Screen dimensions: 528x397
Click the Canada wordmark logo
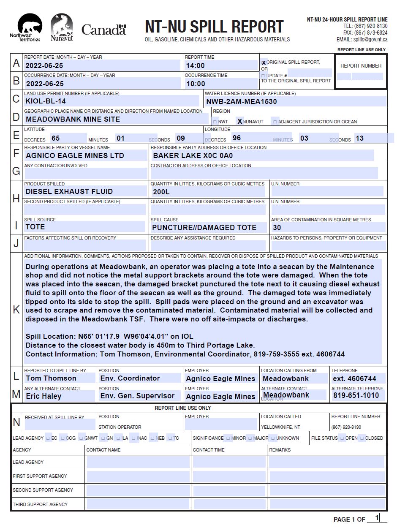pyautogui.click(x=103, y=30)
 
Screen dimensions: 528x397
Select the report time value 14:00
pyautogui.click(x=195, y=65)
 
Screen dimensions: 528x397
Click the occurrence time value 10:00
pyautogui.click(x=196, y=84)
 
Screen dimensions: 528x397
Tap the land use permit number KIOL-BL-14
pyautogui.click(x=46, y=101)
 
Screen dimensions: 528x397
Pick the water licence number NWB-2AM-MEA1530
pyautogui.click(x=242, y=101)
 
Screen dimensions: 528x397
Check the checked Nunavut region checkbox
pyautogui.click(x=240, y=122)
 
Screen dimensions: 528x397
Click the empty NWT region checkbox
pyautogui.click(x=215, y=122)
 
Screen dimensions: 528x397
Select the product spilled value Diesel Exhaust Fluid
pyautogui.click(x=69, y=191)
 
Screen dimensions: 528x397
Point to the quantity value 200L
pyautogui.click(x=161, y=192)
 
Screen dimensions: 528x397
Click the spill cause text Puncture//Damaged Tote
pyautogui.click(x=204, y=228)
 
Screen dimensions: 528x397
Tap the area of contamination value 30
pyautogui.click(x=277, y=228)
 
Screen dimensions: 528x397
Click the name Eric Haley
pyautogui.click(x=44, y=396)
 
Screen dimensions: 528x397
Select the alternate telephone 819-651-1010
pyautogui.click(x=356, y=396)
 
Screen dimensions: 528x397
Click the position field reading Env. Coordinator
pyautogui.click(x=130, y=378)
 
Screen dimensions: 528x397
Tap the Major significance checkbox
pyautogui.click(x=250, y=438)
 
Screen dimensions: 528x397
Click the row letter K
pyautogui.click(x=16, y=310)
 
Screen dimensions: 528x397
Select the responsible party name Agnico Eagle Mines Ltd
pyautogui.click(x=75, y=155)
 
